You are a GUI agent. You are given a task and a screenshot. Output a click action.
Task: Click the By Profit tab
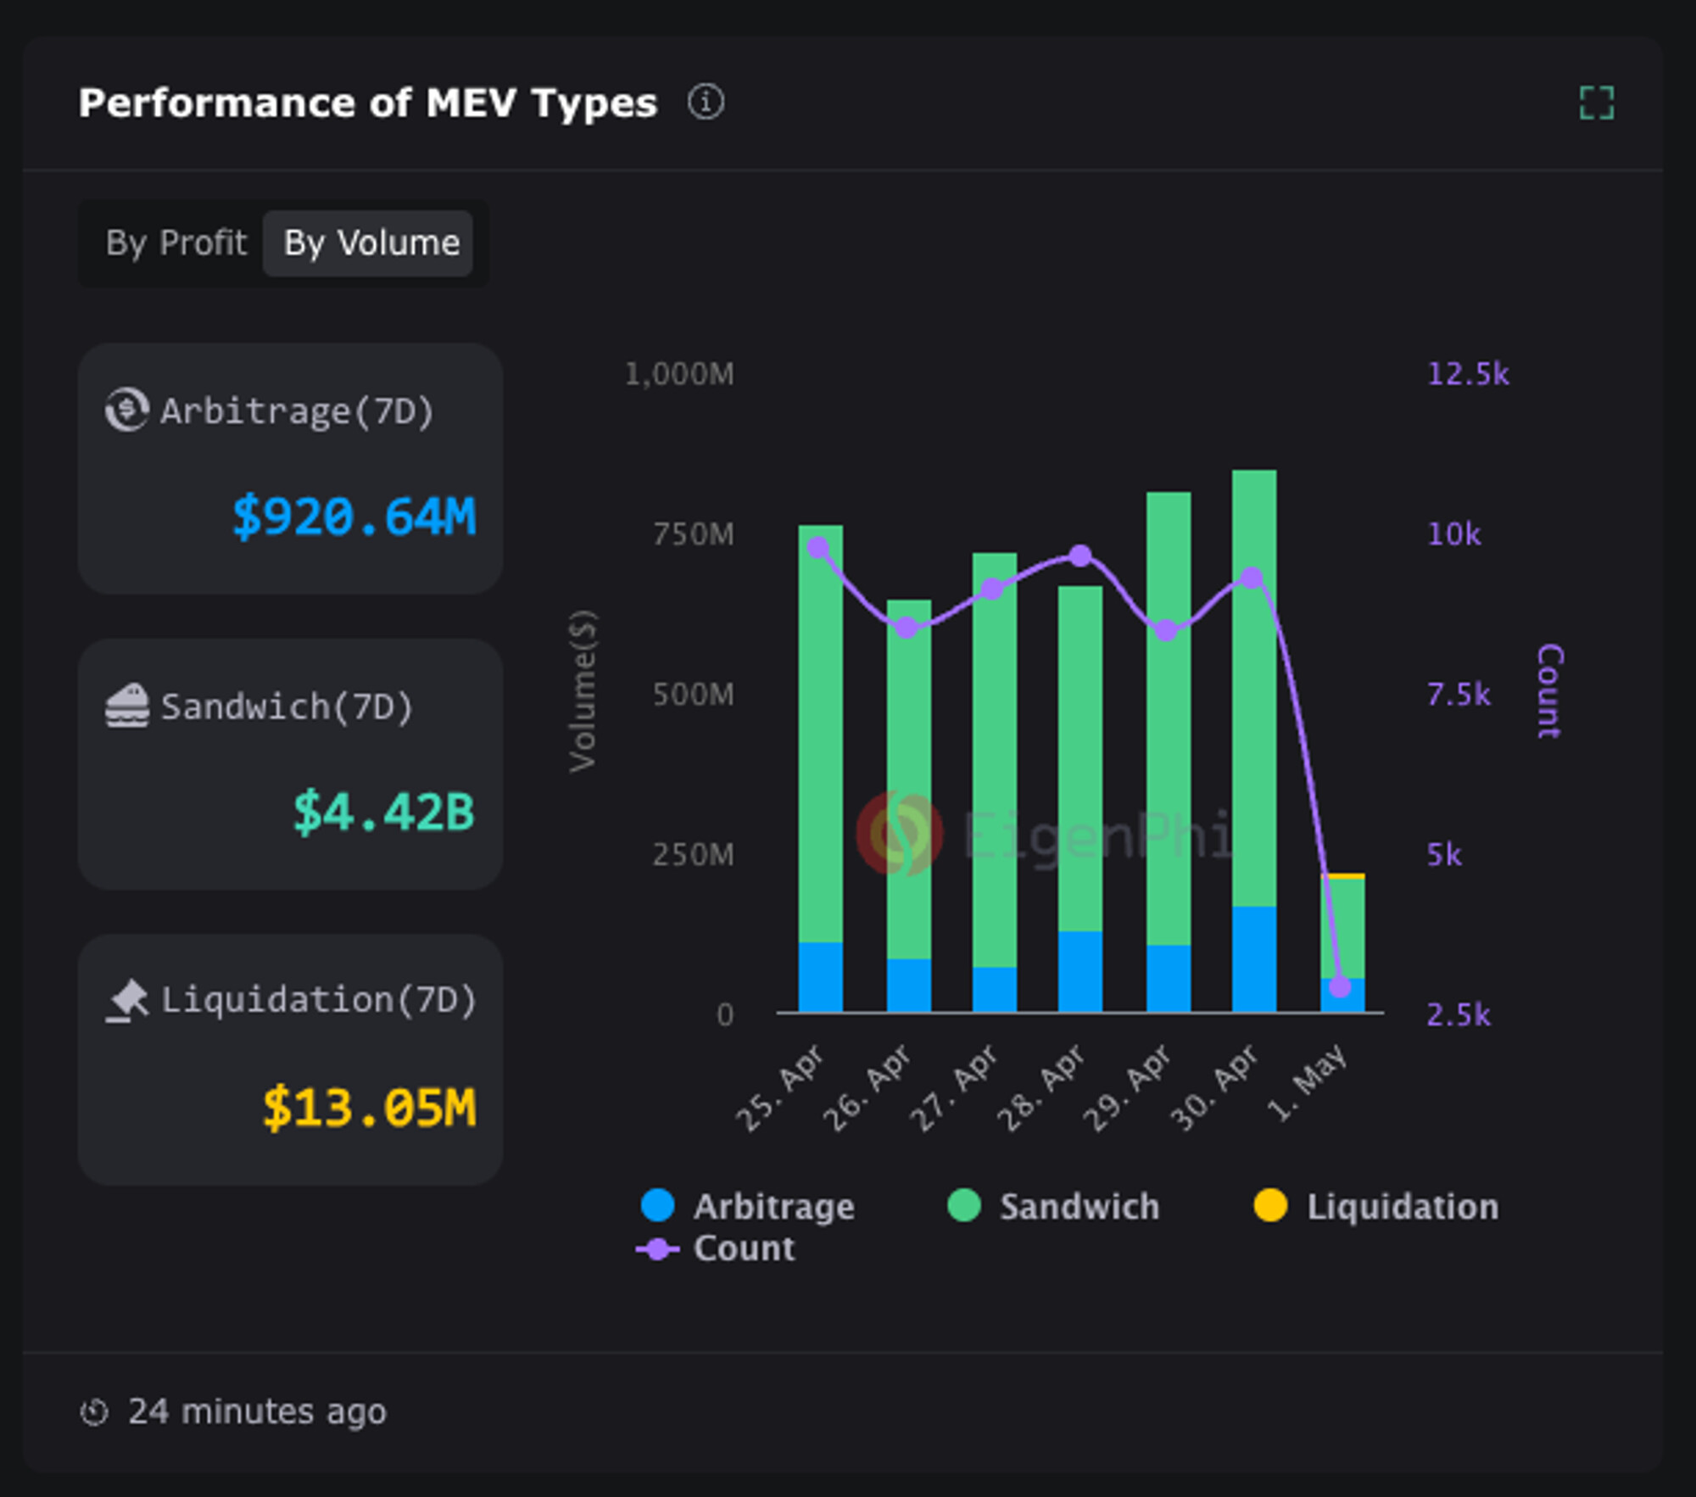click(176, 243)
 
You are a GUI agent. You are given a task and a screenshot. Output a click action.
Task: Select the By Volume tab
click(371, 243)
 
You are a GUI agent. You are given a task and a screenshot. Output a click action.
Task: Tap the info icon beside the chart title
click(706, 103)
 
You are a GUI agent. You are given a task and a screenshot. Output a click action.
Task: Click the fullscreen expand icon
click(1596, 103)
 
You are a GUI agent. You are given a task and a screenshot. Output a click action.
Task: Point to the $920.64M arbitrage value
click(354, 517)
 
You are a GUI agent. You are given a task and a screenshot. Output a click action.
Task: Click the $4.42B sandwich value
click(383, 812)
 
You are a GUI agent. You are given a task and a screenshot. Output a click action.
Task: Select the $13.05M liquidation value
click(369, 1108)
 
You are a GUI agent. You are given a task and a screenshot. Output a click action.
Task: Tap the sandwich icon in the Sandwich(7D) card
click(127, 706)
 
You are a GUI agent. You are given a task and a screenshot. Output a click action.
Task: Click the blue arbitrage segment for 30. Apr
click(1253, 958)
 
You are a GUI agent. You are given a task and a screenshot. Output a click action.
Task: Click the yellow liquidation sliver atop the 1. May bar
click(1342, 875)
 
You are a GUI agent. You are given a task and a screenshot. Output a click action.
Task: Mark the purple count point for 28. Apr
click(1080, 556)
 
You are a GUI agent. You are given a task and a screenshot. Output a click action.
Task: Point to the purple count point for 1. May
click(1340, 986)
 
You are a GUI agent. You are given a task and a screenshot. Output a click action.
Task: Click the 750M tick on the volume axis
click(693, 534)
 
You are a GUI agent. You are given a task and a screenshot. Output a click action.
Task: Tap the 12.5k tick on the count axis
click(1467, 374)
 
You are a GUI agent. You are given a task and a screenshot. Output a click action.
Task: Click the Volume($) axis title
click(583, 690)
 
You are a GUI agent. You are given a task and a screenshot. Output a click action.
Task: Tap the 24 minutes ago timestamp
click(256, 1412)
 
